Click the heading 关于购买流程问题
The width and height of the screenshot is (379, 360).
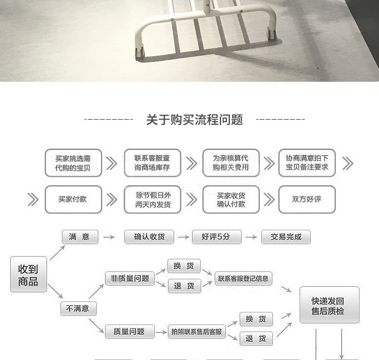(195, 120)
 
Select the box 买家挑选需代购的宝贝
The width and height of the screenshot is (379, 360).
(73, 163)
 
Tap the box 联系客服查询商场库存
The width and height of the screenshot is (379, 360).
(152, 163)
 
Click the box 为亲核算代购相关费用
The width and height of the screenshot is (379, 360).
(230, 163)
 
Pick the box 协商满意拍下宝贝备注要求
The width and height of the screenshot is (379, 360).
(307, 163)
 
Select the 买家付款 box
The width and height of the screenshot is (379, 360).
(73, 199)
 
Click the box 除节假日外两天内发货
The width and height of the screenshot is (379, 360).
(152, 199)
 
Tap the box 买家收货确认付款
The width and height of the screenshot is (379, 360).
(230, 199)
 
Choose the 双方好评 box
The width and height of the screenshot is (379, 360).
(307, 199)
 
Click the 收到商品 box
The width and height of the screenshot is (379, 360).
(28, 274)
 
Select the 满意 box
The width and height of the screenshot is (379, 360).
(79, 236)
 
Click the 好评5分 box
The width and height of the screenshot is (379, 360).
(216, 236)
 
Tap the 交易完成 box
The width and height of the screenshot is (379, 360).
(286, 236)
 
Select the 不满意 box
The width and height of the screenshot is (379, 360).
(78, 308)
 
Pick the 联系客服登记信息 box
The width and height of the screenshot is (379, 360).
(243, 278)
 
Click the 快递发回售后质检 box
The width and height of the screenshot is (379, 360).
(329, 305)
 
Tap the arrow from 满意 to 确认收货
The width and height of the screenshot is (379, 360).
(107, 236)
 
